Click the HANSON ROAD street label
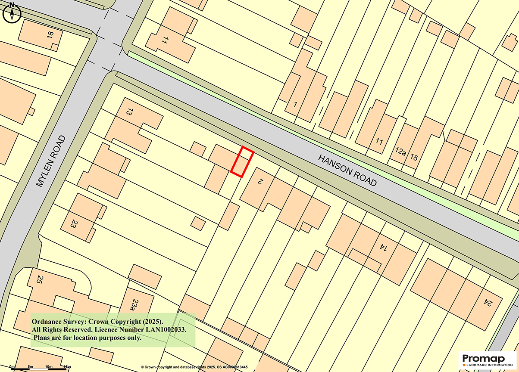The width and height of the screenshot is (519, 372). tap(347, 170)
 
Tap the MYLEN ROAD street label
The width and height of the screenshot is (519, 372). tap(51, 161)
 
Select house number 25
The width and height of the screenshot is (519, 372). tap(40, 280)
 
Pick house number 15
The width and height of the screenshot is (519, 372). tap(414, 158)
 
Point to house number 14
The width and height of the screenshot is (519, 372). tap(382, 247)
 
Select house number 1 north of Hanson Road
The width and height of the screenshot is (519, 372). tap(295, 104)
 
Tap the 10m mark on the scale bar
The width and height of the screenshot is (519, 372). tap(48, 366)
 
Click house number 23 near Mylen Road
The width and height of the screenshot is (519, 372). tap(74, 224)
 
